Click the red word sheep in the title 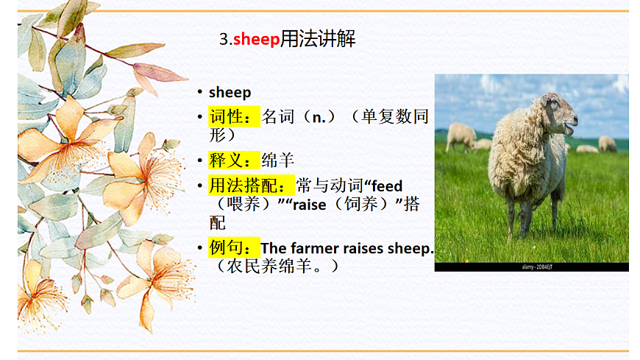(x=257, y=40)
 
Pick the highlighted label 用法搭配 (x=252, y=186)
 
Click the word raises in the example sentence (x=366, y=248)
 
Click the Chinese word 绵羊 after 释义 (x=279, y=160)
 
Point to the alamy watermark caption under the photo (x=531, y=267)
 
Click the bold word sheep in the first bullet (x=230, y=93)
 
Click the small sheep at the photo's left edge (x=461, y=137)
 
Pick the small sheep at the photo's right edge (x=607, y=143)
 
